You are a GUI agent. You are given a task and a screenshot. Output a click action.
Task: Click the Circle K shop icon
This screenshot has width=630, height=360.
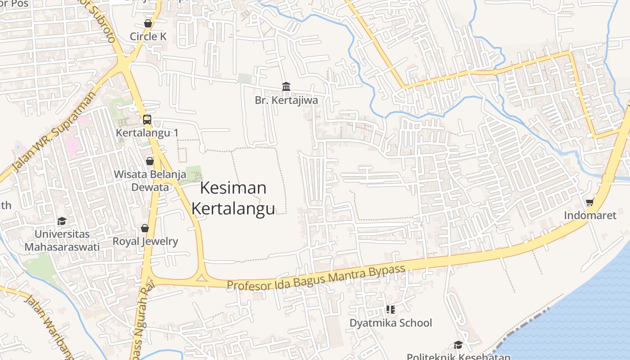pos(148,23)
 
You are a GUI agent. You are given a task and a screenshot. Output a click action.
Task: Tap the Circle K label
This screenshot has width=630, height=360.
pos(148,36)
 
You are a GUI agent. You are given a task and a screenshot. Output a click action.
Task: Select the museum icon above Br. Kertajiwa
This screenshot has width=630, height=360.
pos(286,86)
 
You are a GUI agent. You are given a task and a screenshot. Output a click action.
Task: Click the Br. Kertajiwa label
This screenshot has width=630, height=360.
pos(286,100)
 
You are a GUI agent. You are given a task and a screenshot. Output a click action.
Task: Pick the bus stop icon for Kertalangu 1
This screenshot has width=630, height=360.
pos(147,120)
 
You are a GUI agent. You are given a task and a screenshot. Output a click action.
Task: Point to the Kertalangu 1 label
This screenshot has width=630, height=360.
pos(147,133)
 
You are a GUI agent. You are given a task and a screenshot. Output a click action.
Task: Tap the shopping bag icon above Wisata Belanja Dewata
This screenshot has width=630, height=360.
pos(150,161)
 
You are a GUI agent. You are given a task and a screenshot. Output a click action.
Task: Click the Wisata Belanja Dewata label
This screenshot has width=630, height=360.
pos(150,180)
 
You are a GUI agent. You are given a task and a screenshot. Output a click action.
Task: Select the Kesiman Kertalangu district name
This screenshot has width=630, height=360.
pos(233,198)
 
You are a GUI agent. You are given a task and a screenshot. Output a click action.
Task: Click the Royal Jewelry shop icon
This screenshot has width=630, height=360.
pos(145,228)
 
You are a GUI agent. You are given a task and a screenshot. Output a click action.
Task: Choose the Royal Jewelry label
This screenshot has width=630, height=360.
pos(145,241)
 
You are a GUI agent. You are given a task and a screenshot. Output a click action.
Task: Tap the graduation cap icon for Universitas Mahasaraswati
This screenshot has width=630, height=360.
pos(62,221)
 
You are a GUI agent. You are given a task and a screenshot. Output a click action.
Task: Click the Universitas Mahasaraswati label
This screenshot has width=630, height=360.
pos(62,240)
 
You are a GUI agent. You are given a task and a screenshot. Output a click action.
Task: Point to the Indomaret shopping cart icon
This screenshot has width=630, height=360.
pos(590,202)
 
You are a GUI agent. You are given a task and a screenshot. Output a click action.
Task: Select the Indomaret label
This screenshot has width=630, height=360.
pos(590,216)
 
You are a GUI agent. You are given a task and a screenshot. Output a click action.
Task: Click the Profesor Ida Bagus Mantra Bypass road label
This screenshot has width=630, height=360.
pos(316,278)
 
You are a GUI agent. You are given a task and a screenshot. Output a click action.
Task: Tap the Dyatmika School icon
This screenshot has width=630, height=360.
pos(391,309)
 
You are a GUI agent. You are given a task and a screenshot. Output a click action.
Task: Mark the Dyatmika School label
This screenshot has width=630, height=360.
pos(391,323)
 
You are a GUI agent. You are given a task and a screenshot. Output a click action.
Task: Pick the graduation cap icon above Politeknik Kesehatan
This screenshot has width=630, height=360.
pos(458,345)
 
